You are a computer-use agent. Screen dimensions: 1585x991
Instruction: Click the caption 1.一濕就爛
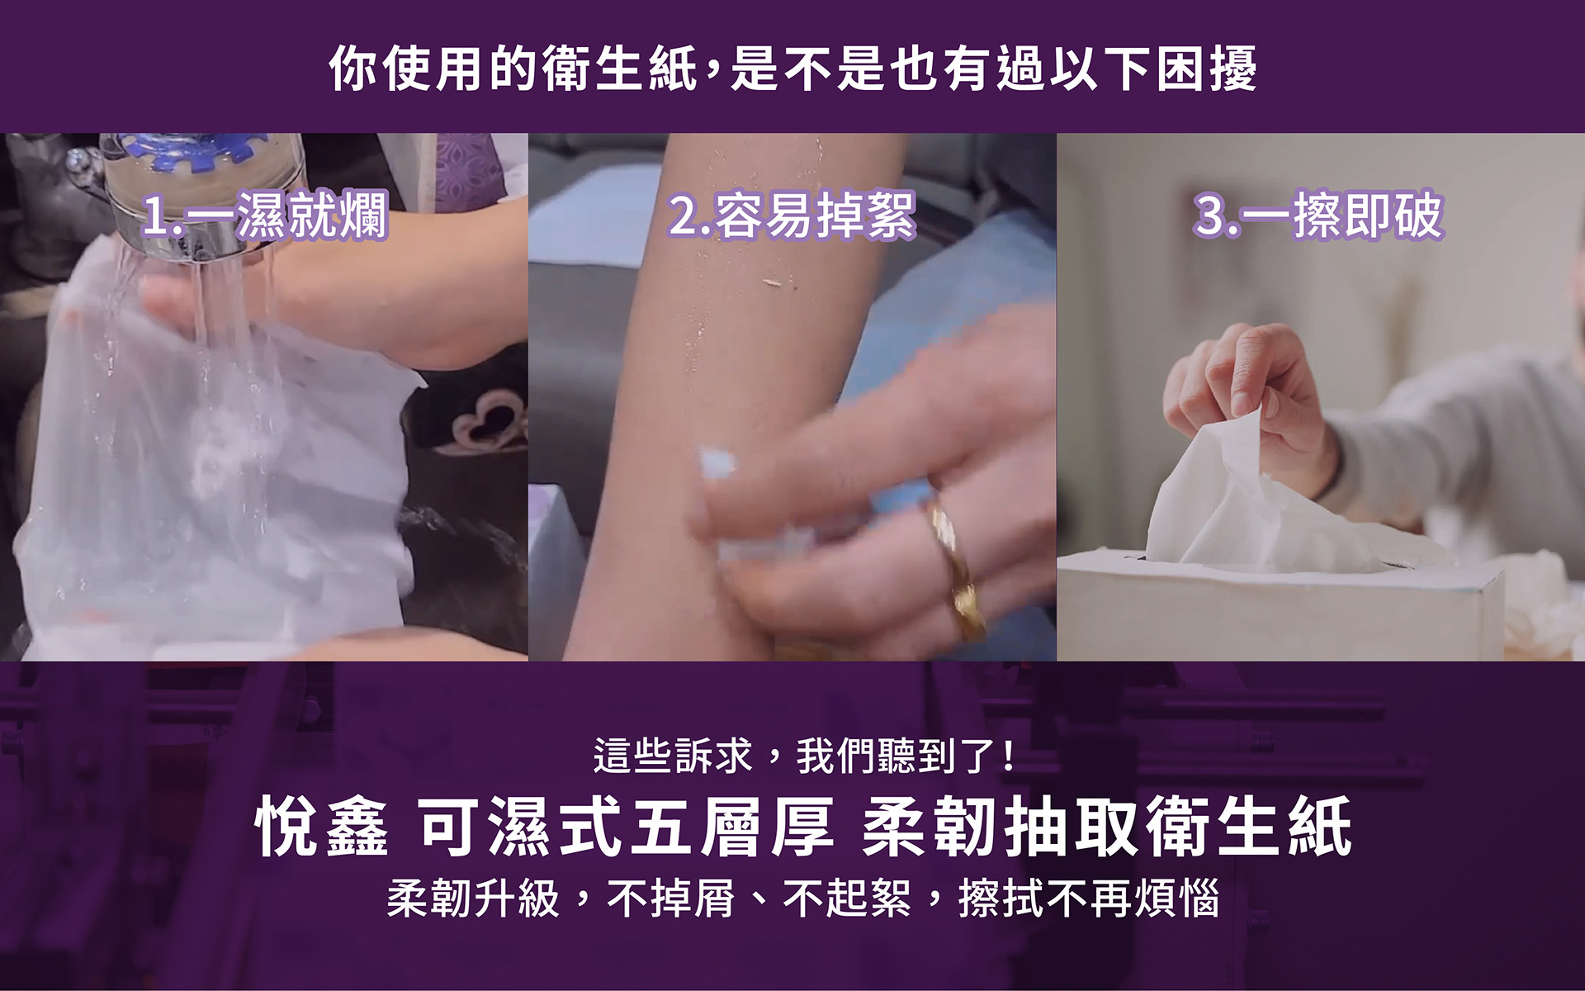[264, 216]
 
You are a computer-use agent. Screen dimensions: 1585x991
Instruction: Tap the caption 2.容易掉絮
[792, 216]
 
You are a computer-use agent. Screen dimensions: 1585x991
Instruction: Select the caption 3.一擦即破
[1318, 216]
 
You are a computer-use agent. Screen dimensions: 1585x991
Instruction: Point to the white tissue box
[1280, 607]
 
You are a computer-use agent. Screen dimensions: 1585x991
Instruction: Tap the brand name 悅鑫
[322, 827]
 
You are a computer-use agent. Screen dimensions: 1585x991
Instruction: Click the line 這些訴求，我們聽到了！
[805, 756]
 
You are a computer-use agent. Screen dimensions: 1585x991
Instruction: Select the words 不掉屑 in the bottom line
[671, 898]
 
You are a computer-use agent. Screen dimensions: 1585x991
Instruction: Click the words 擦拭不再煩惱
[1089, 898]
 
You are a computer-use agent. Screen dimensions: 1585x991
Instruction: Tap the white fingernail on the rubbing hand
[717, 464]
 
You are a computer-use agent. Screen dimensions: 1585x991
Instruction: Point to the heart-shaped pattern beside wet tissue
[487, 421]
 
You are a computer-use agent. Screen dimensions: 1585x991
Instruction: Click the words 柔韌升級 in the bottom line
[474, 898]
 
